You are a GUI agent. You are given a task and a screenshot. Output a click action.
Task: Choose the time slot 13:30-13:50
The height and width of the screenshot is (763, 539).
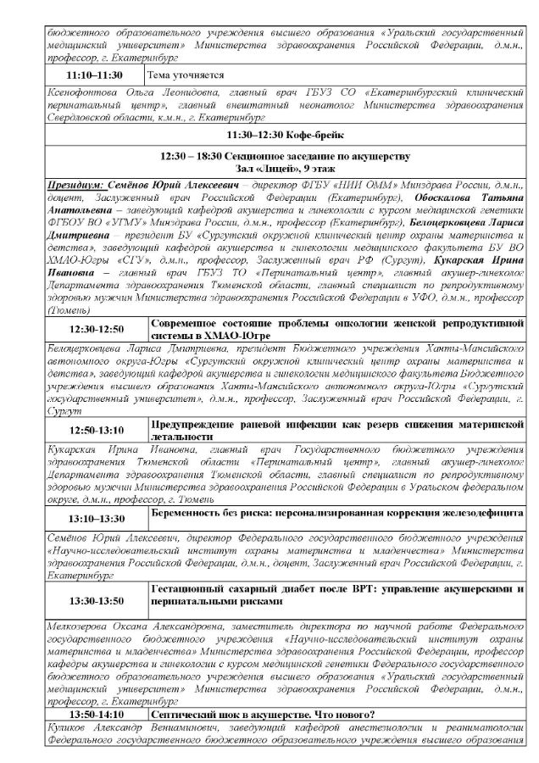click(x=96, y=601)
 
